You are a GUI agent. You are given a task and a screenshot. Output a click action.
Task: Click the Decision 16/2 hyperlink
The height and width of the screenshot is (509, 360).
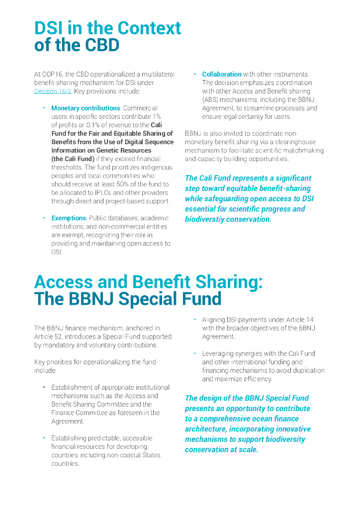pos(53,91)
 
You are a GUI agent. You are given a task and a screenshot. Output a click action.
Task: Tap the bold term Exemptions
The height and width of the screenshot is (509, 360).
pos(69,218)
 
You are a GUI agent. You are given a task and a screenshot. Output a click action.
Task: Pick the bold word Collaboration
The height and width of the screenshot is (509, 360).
pos(222,74)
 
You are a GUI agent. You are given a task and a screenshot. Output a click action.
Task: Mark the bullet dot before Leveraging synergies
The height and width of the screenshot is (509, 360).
pos(194,353)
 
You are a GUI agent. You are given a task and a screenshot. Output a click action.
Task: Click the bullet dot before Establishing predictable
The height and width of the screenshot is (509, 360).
pos(44,438)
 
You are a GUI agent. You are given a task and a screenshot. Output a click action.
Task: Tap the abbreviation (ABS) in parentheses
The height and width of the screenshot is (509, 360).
pos(211,99)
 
